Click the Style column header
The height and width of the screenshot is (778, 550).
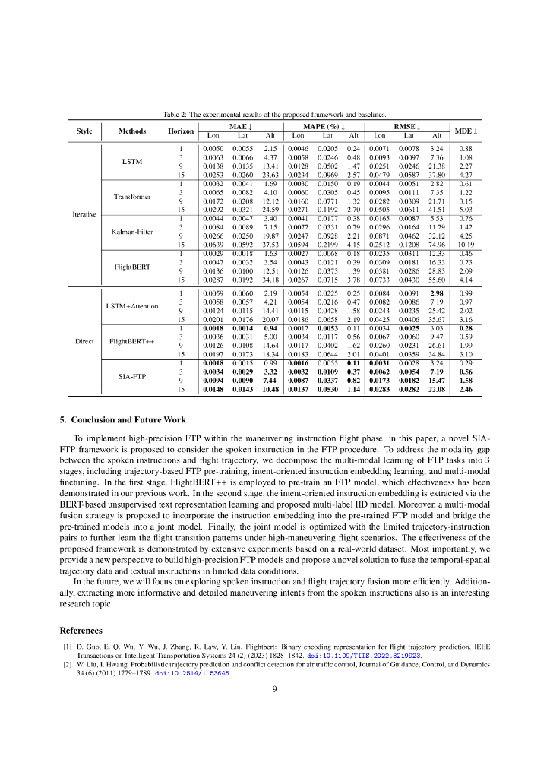[x=84, y=131]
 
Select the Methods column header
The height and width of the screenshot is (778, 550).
[x=131, y=131]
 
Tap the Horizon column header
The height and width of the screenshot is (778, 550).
[x=181, y=131]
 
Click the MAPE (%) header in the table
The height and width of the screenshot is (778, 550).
[x=325, y=126]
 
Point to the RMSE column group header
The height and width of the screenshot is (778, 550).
[x=408, y=126]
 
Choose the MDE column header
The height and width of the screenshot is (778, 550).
[x=466, y=131]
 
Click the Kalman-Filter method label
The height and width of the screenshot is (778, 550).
[x=132, y=232]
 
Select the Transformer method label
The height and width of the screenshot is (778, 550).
[x=132, y=196]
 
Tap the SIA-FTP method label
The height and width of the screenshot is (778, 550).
[x=132, y=376]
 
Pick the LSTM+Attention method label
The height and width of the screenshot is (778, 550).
[x=132, y=305]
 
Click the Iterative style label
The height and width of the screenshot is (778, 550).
[x=84, y=214]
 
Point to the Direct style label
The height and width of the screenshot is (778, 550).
[x=84, y=341]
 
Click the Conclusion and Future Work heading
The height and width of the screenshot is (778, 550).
[x=122, y=419]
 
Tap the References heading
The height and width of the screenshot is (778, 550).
[x=81, y=630]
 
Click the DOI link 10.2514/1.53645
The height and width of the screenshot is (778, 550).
[x=193, y=672]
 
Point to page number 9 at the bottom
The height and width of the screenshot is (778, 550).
[x=275, y=689]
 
